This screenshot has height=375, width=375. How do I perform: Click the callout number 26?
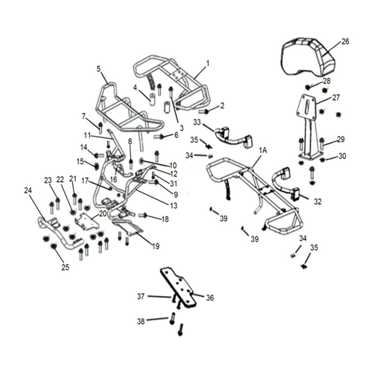(345, 41)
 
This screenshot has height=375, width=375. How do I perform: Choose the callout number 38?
(141, 322)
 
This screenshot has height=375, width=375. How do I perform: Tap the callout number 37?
(141, 296)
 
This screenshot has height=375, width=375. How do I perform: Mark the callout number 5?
(99, 68)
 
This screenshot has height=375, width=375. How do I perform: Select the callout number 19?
(155, 246)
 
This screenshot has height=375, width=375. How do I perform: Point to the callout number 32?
(318, 202)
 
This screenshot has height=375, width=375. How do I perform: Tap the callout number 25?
(65, 267)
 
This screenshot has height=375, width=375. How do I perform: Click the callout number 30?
(342, 157)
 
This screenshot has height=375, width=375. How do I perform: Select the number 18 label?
(165, 219)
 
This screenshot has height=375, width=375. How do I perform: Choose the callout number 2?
(222, 105)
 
